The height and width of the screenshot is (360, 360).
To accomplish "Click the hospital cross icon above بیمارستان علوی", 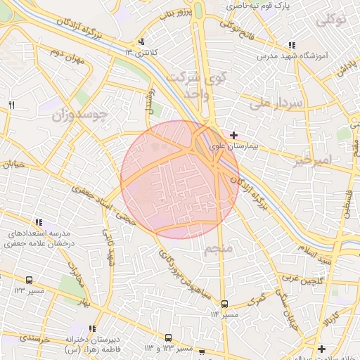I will [233, 134].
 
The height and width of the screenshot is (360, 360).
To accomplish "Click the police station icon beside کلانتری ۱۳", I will [142, 42].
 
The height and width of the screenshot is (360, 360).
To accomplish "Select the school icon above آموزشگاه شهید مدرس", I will [292, 45].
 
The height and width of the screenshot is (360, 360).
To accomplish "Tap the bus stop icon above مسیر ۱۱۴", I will [224, 304].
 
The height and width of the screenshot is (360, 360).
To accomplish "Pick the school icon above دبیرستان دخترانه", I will [93, 328].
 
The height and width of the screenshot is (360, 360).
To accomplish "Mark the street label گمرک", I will [259, 300].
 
